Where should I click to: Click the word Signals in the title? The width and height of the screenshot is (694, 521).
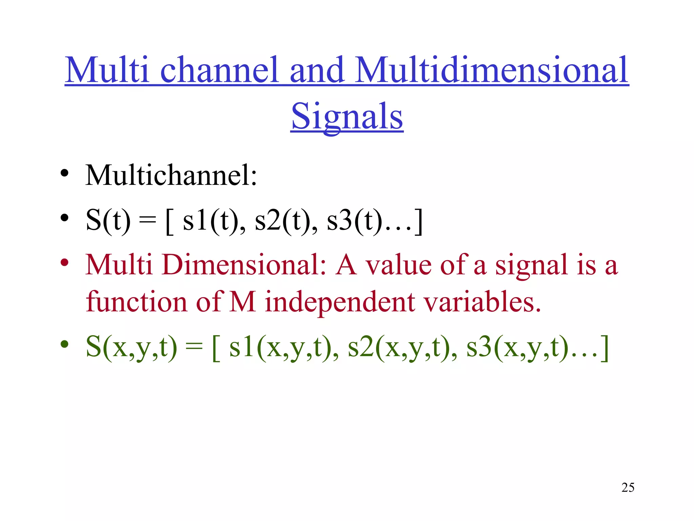(347, 117)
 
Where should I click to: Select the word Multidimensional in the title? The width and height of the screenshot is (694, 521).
(492, 70)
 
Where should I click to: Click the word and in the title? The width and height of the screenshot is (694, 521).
(317, 70)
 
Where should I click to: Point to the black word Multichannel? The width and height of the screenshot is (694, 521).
(171, 175)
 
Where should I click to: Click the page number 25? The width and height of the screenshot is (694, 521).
(628, 487)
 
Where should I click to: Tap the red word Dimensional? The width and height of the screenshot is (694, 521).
(244, 265)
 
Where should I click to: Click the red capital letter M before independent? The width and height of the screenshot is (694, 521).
(242, 302)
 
